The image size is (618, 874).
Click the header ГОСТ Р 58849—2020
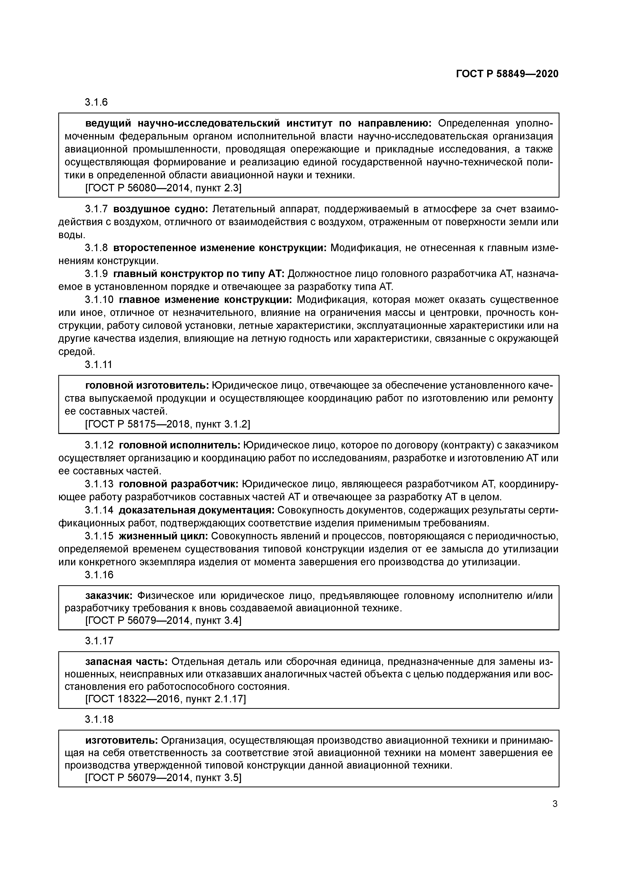coord(507,74)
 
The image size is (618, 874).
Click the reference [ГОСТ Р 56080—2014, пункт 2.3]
coord(163,188)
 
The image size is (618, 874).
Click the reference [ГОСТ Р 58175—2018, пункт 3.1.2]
coord(167,424)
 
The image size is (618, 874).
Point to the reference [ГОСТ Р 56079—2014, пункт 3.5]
coord(163,778)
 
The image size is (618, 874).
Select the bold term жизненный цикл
coord(163,536)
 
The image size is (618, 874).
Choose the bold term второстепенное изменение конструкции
coord(220,248)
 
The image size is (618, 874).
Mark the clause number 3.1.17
coord(99,641)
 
